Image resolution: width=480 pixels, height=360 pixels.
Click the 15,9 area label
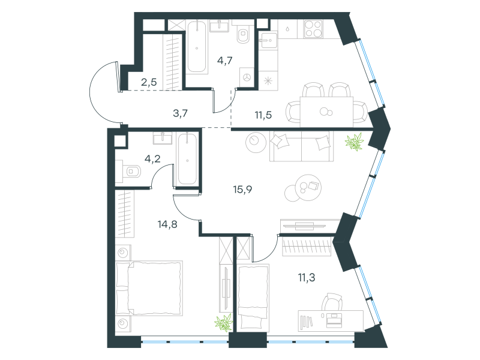click(x=242, y=190)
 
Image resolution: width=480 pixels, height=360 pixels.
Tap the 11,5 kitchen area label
click(x=263, y=115)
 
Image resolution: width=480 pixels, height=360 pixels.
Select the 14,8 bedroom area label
click(x=167, y=224)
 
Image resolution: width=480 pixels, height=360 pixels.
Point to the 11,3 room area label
click(x=307, y=278)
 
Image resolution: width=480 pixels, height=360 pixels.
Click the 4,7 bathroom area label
click(x=225, y=61)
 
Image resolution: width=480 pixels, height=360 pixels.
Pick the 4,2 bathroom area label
click(x=152, y=159)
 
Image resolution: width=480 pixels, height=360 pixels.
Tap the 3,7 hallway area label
click(x=181, y=113)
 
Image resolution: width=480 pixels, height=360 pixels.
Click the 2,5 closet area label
click(x=149, y=82)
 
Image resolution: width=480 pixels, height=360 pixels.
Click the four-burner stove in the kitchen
click(x=313, y=28)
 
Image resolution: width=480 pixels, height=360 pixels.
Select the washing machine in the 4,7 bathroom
click(x=247, y=77)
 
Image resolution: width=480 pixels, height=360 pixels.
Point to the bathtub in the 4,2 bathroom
click(x=187, y=159)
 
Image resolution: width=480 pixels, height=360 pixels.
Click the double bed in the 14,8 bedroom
click(x=149, y=288)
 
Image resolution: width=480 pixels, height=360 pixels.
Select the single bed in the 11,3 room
click(x=253, y=298)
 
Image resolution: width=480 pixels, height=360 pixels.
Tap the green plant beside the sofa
click(x=355, y=142)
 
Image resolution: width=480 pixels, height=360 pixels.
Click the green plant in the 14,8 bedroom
click(x=224, y=323)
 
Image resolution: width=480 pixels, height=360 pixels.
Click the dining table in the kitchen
click(x=326, y=112)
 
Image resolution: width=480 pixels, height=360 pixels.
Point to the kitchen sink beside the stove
click(x=268, y=40)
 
